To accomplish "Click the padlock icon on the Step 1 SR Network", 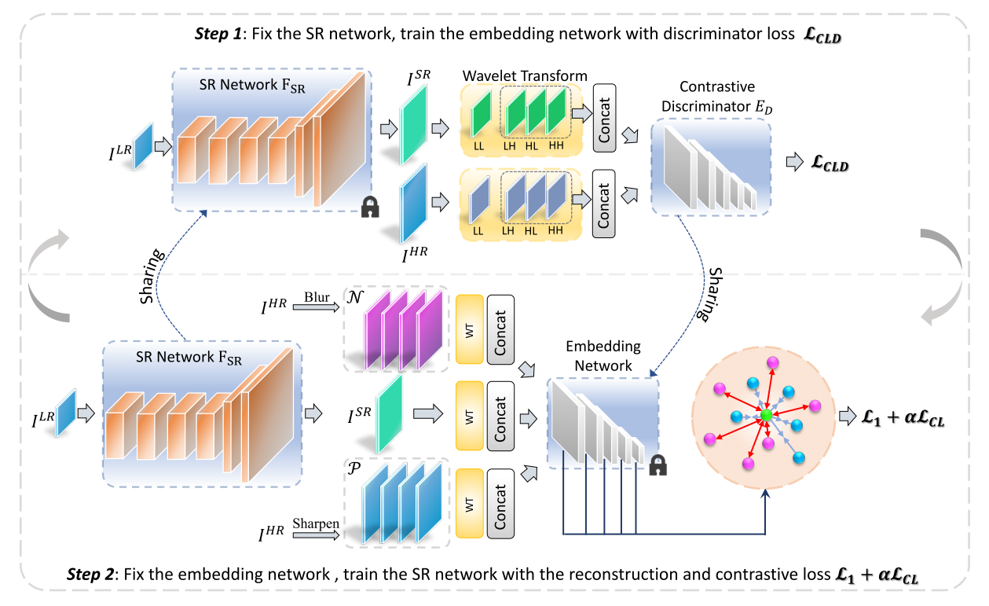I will [369, 207].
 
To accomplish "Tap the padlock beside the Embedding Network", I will [658, 466].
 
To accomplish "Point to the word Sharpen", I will [316, 523].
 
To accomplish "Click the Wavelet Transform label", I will [525, 76].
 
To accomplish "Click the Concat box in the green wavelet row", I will [603, 123].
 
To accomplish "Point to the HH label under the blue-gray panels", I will [556, 230].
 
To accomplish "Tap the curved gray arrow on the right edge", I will [942, 275].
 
